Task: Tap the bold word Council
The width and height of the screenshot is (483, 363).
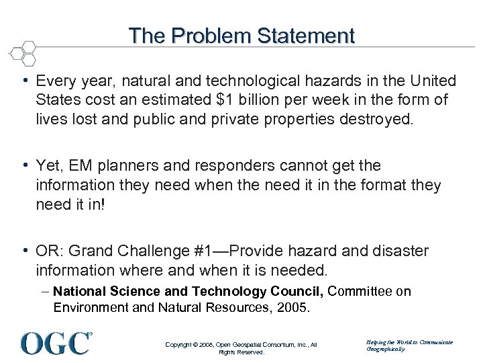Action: (x=290, y=291)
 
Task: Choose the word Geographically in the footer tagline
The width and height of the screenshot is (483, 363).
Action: (x=386, y=350)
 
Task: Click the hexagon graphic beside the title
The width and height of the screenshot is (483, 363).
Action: (x=21, y=52)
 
